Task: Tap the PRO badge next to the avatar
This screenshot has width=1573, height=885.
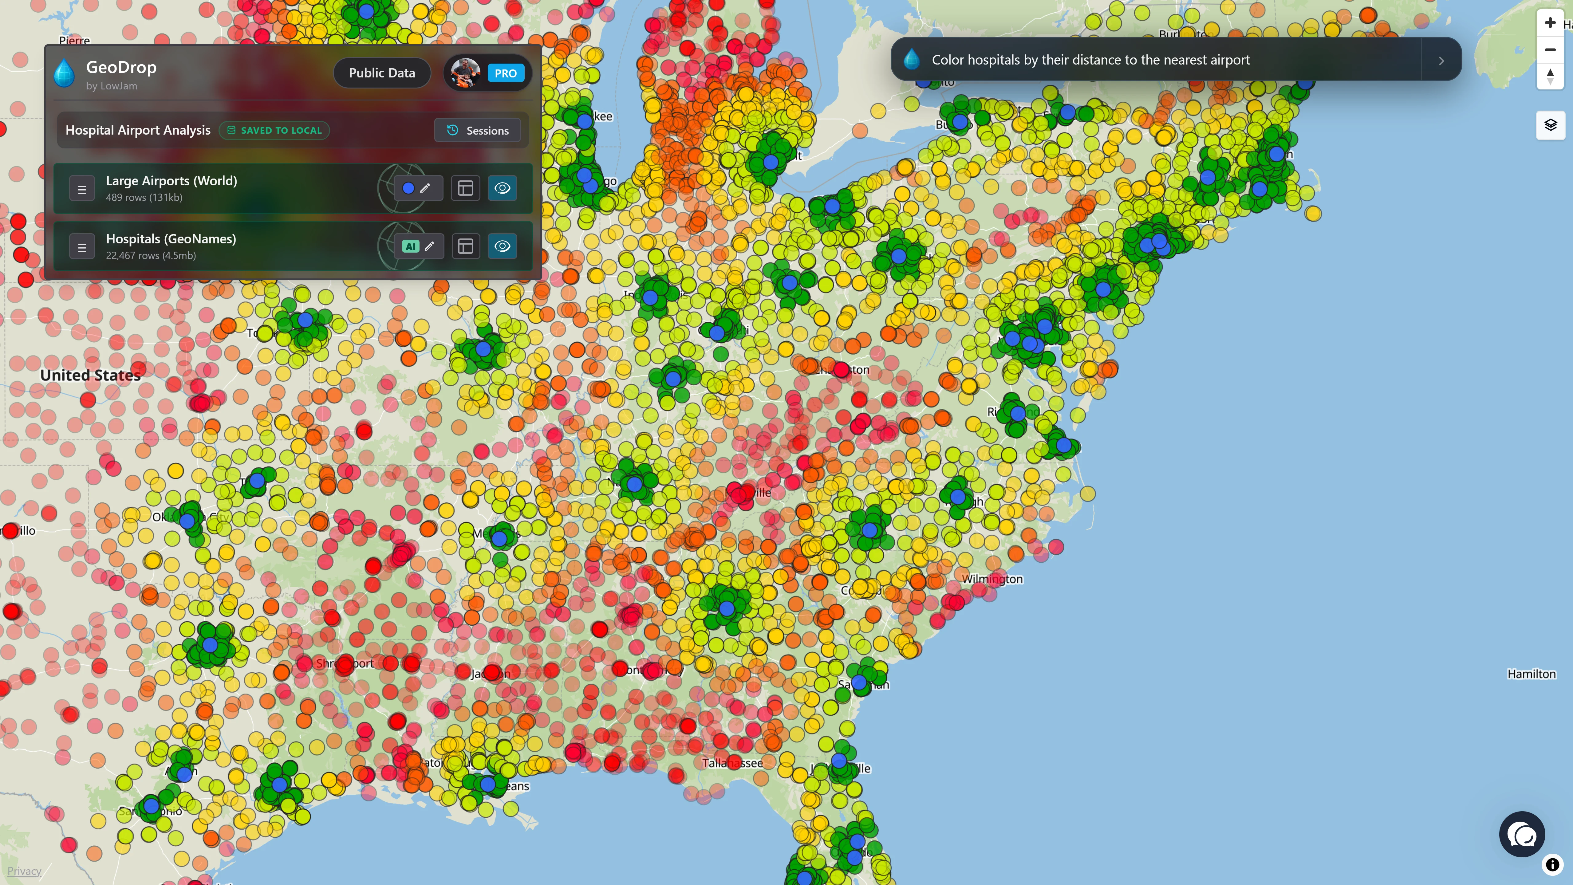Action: pyautogui.click(x=506, y=73)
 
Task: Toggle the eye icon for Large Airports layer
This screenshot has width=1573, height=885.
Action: pyautogui.click(x=502, y=188)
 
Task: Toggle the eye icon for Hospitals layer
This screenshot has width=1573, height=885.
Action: pyautogui.click(x=502, y=246)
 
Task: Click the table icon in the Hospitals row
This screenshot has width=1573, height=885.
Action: pyautogui.click(x=465, y=246)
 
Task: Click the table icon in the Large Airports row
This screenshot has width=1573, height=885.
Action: pyautogui.click(x=465, y=188)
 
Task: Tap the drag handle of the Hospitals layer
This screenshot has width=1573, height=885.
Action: pyautogui.click(x=82, y=247)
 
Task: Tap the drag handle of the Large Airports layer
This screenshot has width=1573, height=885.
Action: pyautogui.click(x=82, y=189)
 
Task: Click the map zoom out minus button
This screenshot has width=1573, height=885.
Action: pyautogui.click(x=1550, y=49)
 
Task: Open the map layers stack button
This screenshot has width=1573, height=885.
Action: pyautogui.click(x=1550, y=125)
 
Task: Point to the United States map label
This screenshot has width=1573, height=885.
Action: pyautogui.click(x=90, y=376)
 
